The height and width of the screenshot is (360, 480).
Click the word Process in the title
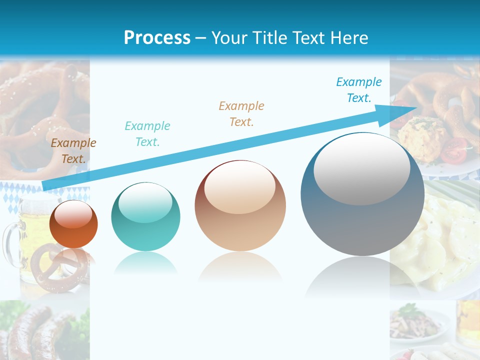click(157, 37)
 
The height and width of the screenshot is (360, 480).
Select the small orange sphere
click(73, 224)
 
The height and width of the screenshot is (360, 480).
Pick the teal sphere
click(145, 216)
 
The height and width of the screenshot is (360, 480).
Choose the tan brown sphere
click(240, 205)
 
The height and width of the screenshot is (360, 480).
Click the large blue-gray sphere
click(362, 194)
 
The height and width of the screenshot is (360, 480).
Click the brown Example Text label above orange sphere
click(73, 151)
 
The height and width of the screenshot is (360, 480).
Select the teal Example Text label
click(147, 133)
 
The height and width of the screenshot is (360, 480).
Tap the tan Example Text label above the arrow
click(241, 113)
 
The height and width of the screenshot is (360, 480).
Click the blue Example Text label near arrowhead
click(359, 90)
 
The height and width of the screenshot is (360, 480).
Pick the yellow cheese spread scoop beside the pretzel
click(417, 131)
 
